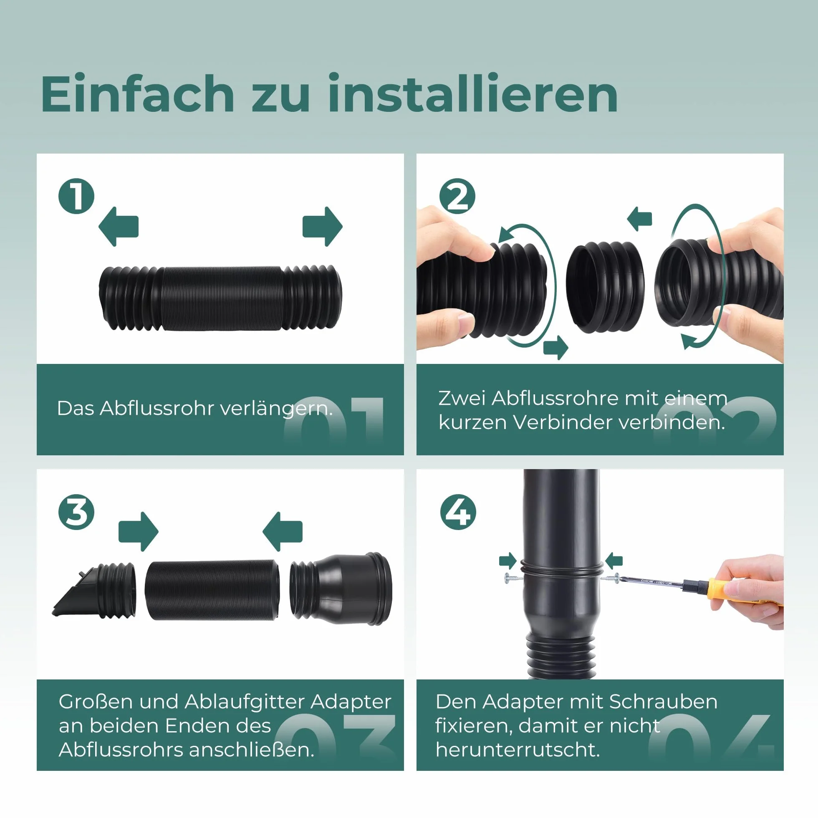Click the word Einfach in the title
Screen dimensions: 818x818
click(x=137, y=93)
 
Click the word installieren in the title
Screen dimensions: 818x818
click(x=472, y=93)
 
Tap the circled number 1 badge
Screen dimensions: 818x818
click(x=76, y=196)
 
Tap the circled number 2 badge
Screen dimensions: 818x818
click(x=457, y=196)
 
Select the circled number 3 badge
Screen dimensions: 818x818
click(x=76, y=512)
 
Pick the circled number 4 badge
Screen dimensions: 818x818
click(x=458, y=512)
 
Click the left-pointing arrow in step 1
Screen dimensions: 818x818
click(x=119, y=227)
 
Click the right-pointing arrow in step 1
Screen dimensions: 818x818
click(x=323, y=227)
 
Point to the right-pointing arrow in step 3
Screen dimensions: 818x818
click(x=139, y=532)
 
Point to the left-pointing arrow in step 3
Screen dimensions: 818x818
click(x=283, y=532)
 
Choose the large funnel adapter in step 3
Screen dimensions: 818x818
click(x=341, y=588)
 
